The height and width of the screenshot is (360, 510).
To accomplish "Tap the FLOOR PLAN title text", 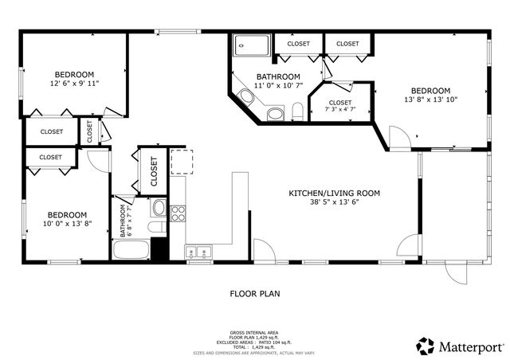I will pos(255,293).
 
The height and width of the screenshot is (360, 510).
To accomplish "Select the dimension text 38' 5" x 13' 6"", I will pos(334,203).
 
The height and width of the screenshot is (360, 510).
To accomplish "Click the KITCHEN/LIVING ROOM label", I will pos(334,193).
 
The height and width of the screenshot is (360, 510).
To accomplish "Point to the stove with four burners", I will pos(178,213).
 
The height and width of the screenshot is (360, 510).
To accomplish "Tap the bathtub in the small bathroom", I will pos(131,251).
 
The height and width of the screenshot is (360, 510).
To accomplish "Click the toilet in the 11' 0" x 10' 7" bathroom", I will pos(296,111).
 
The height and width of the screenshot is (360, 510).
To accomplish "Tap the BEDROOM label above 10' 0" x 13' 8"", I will pos(66,214).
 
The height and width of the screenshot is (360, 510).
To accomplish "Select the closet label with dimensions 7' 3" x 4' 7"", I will pos(340,107).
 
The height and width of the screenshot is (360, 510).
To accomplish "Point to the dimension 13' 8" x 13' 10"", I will pos(430,100).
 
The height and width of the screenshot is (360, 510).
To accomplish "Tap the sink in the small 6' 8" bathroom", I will pos(159,209).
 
